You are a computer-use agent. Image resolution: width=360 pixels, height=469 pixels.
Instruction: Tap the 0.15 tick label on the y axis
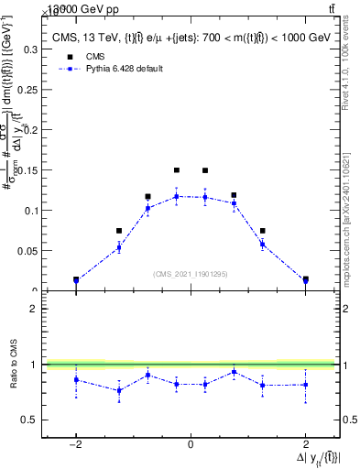coord(28,170)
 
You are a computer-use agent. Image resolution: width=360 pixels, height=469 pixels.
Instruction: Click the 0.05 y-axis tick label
coord(28,250)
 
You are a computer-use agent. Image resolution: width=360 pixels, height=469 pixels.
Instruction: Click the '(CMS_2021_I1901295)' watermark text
coord(191,274)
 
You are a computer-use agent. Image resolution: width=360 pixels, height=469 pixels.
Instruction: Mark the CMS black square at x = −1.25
coord(119,231)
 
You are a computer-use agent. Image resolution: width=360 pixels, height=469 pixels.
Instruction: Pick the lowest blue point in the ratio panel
coord(119,390)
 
